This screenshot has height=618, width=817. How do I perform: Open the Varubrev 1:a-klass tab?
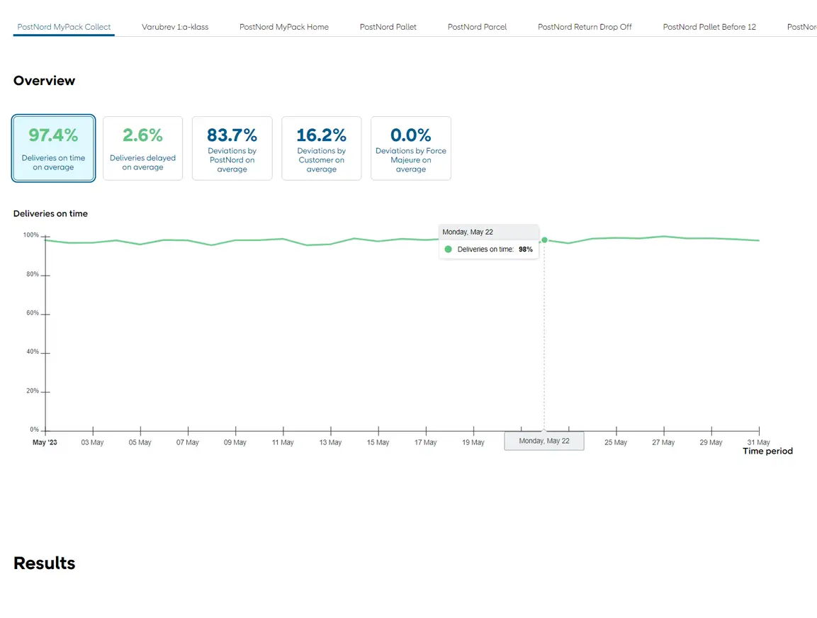pyautogui.click(x=175, y=27)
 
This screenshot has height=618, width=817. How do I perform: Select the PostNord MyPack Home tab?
pyautogui.click(x=284, y=27)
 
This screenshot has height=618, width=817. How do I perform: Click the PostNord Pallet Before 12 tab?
pyautogui.click(x=709, y=27)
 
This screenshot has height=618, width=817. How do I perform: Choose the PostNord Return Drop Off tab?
pyautogui.click(x=585, y=27)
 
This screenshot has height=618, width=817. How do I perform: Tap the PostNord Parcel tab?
pyautogui.click(x=477, y=27)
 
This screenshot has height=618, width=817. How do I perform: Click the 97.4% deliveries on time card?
pyautogui.click(x=54, y=148)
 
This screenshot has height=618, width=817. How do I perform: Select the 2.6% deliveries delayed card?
pyautogui.click(x=142, y=148)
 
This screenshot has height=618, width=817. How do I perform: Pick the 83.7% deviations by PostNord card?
pyautogui.click(x=232, y=148)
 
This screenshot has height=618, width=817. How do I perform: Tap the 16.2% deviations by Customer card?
pyautogui.click(x=322, y=148)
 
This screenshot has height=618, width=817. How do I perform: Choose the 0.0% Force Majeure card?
pyautogui.click(x=411, y=148)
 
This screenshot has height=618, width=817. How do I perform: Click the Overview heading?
pyautogui.click(x=44, y=81)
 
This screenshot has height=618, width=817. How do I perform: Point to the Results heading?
pyautogui.click(x=44, y=563)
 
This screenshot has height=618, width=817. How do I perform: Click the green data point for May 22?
pyautogui.click(x=544, y=240)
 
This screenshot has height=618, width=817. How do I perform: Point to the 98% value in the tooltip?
pyautogui.click(x=525, y=249)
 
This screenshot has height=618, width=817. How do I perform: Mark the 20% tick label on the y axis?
pyautogui.click(x=33, y=391)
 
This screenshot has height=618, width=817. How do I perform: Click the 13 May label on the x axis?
pyautogui.click(x=330, y=443)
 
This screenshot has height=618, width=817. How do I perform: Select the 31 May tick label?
pyautogui.click(x=758, y=443)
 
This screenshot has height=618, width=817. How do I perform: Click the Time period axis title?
pyautogui.click(x=767, y=451)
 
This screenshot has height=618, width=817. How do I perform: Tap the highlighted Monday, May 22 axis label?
pyautogui.click(x=544, y=441)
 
